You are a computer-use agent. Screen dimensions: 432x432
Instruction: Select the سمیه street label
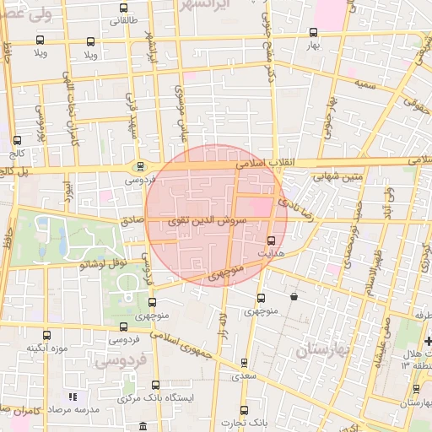(x=364, y=85)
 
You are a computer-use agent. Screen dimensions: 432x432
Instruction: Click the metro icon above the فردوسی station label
(x=140, y=166)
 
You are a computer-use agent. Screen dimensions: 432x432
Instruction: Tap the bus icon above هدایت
(x=283, y=240)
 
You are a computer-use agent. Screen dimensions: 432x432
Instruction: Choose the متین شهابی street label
(x=337, y=178)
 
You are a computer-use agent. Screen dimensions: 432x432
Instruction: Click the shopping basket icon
(x=294, y=297)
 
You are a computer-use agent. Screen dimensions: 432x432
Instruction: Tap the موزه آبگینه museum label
(x=46, y=348)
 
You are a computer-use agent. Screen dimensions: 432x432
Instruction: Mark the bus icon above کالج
(x=17, y=141)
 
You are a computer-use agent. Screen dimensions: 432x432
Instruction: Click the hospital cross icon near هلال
(x=428, y=342)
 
